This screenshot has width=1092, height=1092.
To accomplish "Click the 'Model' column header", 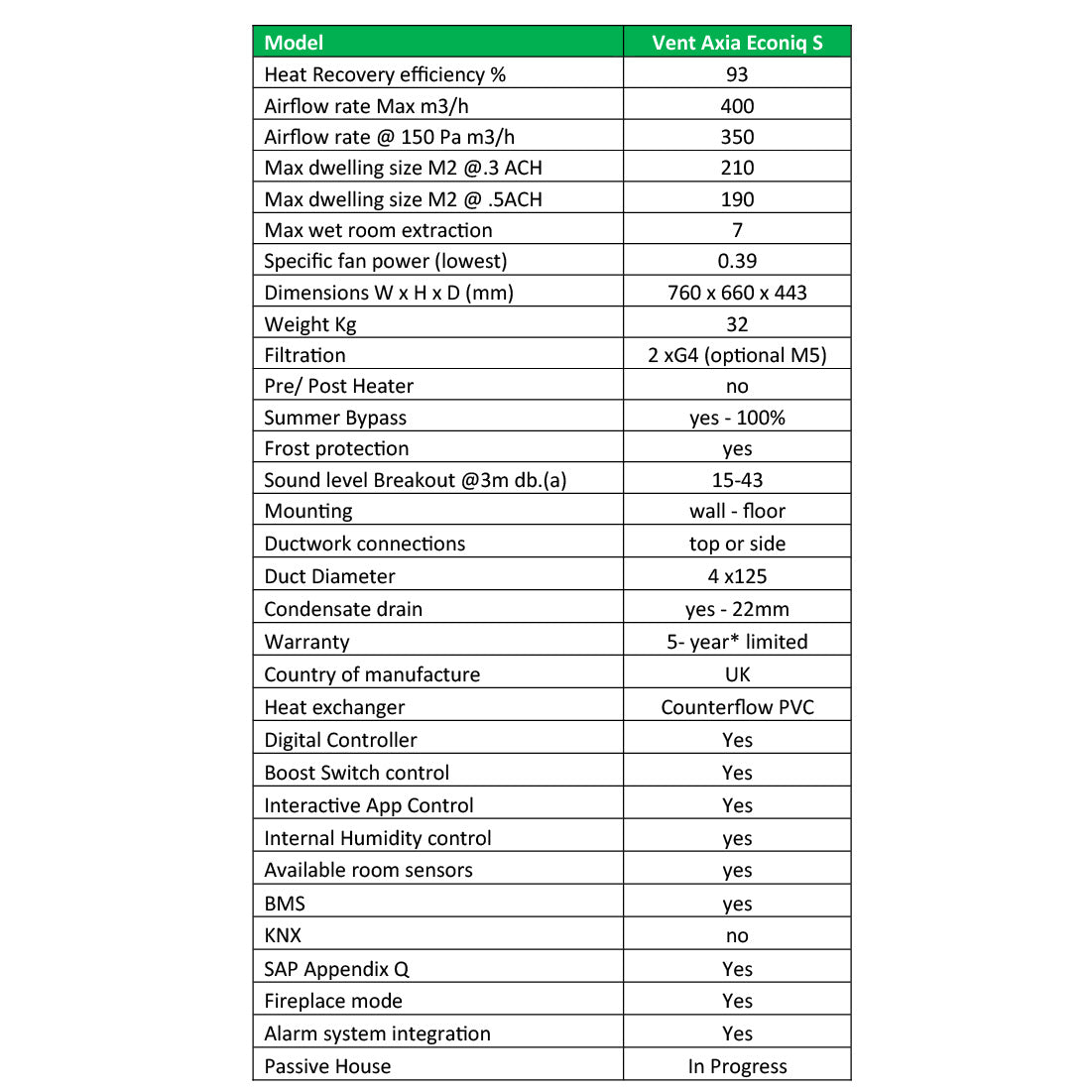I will tap(295, 43).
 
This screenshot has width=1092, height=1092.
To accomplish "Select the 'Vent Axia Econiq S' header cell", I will tap(737, 43).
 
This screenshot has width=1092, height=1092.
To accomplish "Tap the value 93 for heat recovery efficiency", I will tap(737, 74).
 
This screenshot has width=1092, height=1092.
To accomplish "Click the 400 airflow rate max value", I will tap(737, 106).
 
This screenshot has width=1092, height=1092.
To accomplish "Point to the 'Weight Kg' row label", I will tap(310, 324).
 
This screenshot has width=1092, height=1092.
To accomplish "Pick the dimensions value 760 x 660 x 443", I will tap(737, 293).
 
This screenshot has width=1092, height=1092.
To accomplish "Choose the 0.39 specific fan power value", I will tap(737, 261).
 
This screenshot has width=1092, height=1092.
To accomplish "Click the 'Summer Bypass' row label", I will tap(335, 418).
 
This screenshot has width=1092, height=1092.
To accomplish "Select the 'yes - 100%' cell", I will tap(737, 418).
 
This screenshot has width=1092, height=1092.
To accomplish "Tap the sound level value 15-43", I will tap(737, 480).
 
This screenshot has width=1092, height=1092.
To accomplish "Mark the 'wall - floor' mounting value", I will tap(737, 511).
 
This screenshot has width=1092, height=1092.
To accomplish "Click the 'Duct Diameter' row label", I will tap(329, 576).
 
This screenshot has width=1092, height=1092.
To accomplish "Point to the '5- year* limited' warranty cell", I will tap(737, 642).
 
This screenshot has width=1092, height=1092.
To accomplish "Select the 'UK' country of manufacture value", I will tap(737, 674).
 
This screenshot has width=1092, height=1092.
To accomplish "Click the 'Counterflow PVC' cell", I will tap(737, 707).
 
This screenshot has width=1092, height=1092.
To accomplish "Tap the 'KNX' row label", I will tap(283, 935).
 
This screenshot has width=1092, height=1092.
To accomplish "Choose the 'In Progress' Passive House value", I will tap(737, 1066).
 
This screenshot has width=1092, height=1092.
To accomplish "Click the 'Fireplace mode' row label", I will tap(333, 1001).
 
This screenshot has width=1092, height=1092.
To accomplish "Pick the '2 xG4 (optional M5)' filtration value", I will tap(737, 355).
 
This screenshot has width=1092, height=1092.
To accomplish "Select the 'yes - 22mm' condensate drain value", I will tap(737, 609).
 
